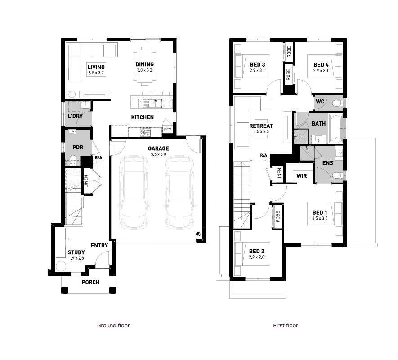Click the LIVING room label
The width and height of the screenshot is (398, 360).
pos(96,67)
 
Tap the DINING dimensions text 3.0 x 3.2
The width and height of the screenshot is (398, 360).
pos(144,70)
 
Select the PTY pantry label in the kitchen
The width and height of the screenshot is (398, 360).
pos(167,130)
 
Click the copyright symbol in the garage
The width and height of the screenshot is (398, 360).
pos(197,234)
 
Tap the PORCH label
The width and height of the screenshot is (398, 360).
pos(90,282)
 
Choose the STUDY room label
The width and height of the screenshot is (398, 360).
pos(76,252)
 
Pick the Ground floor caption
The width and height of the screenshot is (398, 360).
pos(113,325)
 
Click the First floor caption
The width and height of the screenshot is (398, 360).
pos(285,325)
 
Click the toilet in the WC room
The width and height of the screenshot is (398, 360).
pos(336,103)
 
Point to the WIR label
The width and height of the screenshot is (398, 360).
pos(301,176)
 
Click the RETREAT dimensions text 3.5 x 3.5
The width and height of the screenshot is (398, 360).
pos(261,132)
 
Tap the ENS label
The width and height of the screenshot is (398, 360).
pos(328,163)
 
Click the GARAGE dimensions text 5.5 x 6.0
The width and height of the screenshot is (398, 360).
pos(158,154)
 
